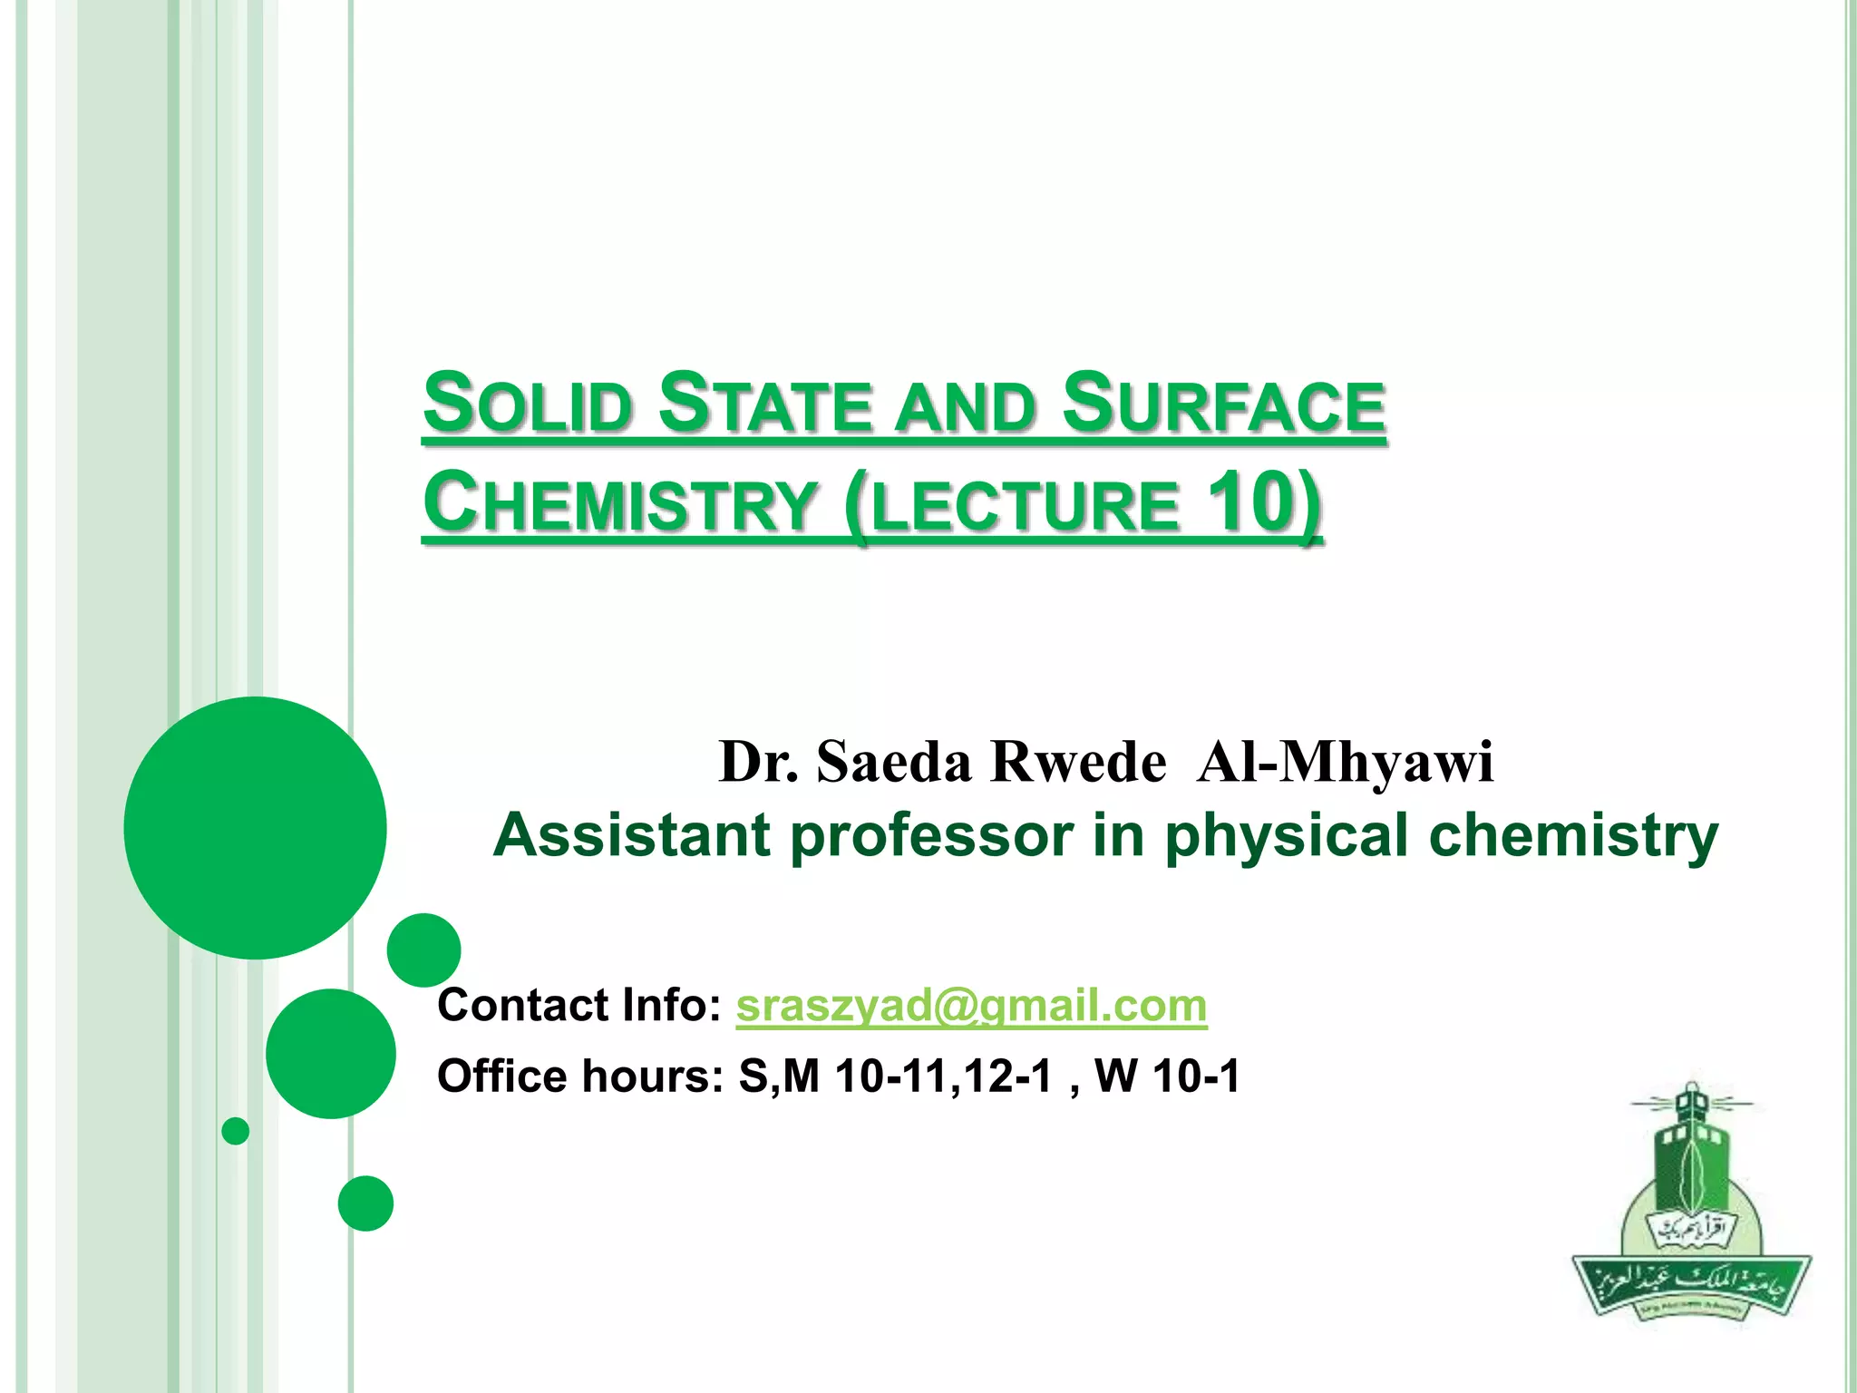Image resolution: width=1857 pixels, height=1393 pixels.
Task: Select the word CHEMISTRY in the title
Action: [619, 503]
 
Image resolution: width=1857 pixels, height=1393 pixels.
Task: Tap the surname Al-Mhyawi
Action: [1344, 761]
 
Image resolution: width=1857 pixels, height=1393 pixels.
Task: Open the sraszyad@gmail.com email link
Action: [971, 1006]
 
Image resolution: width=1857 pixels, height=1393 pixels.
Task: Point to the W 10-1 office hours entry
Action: [1167, 1076]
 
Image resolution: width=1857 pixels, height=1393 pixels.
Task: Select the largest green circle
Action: [255, 827]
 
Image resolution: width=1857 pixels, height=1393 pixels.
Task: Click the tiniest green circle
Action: [236, 1131]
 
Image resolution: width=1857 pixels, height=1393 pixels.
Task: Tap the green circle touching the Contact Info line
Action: [423, 950]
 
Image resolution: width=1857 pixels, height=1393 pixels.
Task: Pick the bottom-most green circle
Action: [365, 1203]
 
